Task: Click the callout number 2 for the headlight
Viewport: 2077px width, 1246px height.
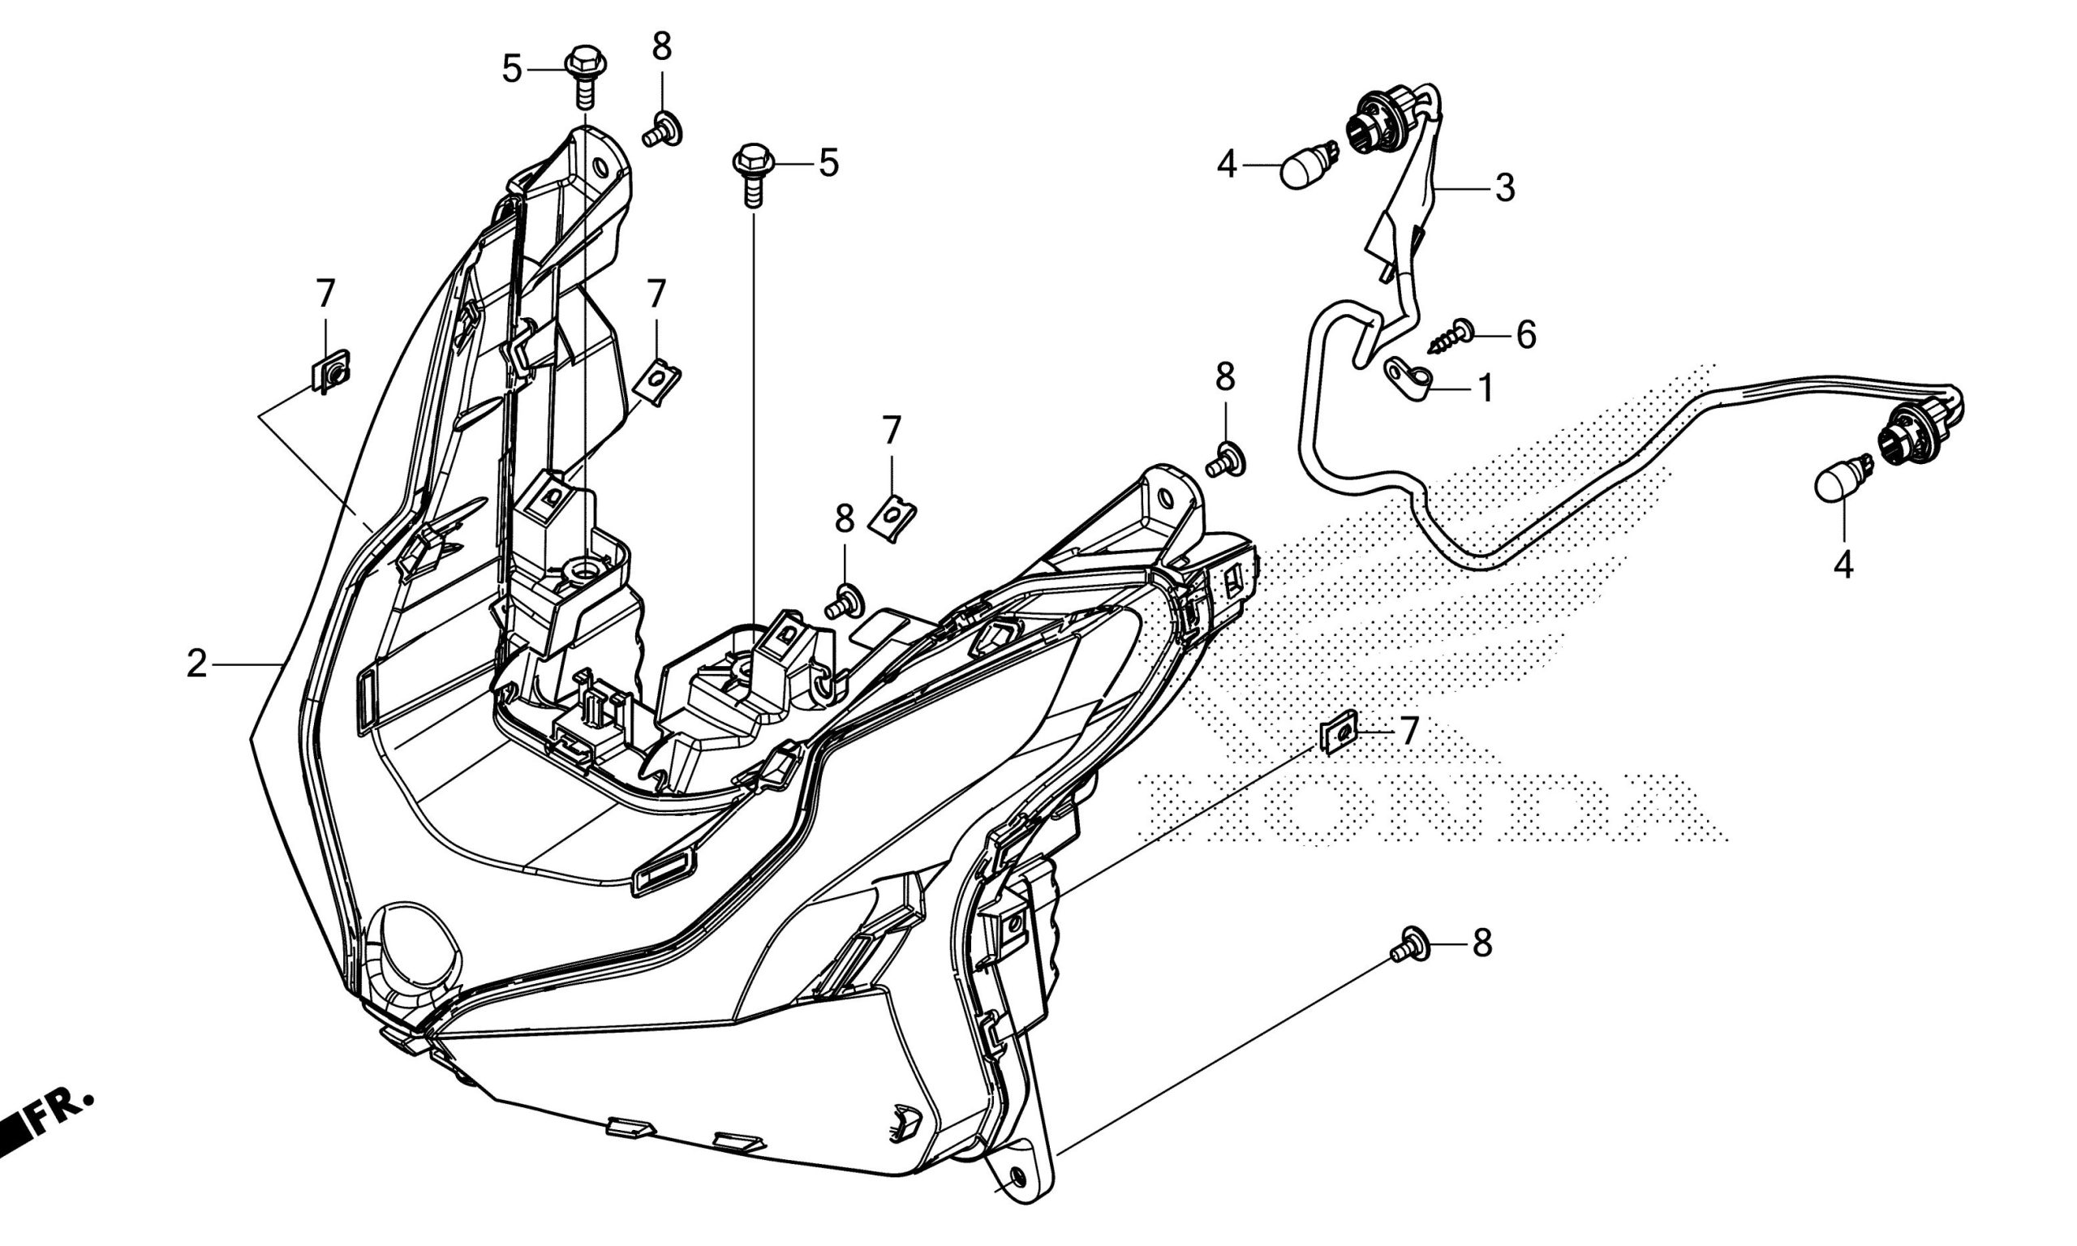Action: click(196, 664)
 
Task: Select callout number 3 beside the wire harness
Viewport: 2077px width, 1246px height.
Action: click(1504, 188)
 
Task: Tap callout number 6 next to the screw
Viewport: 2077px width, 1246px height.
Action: click(1525, 335)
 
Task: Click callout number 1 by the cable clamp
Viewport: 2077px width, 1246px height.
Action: click(1484, 389)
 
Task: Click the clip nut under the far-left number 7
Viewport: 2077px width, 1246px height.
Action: click(332, 370)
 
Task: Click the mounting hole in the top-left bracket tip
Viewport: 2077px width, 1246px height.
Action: click(600, 167)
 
